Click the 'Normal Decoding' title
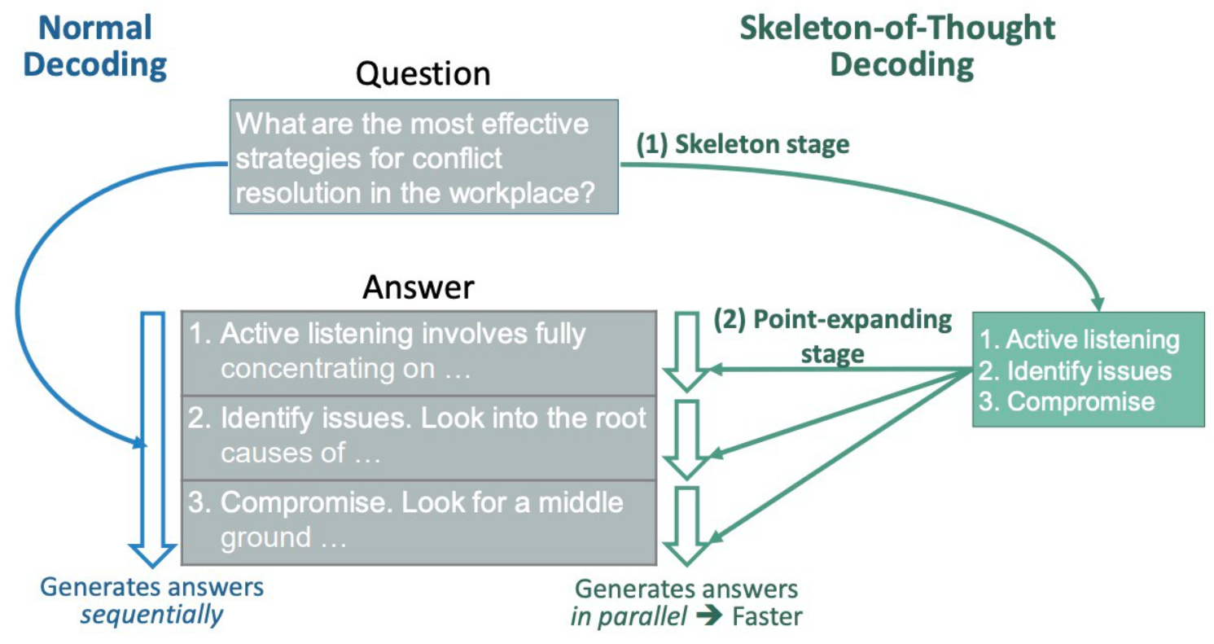tap(95, 46)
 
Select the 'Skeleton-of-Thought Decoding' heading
tap(897, 46)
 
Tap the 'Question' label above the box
tap(423, 74)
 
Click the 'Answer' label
tap(419, 287)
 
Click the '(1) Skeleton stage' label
tap(743, 144)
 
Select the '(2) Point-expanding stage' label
tap(832, 336)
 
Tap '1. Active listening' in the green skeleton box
tap(1079, 340)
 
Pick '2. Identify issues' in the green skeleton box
tap(1075, 371)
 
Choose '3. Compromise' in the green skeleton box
tap(1067, 401)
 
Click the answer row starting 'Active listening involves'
tap(419, 353)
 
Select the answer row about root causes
tap(419, 438)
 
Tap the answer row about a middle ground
tap(419, 523)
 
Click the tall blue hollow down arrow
tap(153, 439)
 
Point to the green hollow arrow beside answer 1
tap(687, 351)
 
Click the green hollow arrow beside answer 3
tap(687, 526)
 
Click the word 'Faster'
tap(767, 617)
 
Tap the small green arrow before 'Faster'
tap(709, 616)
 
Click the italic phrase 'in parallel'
tap(629, 617)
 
